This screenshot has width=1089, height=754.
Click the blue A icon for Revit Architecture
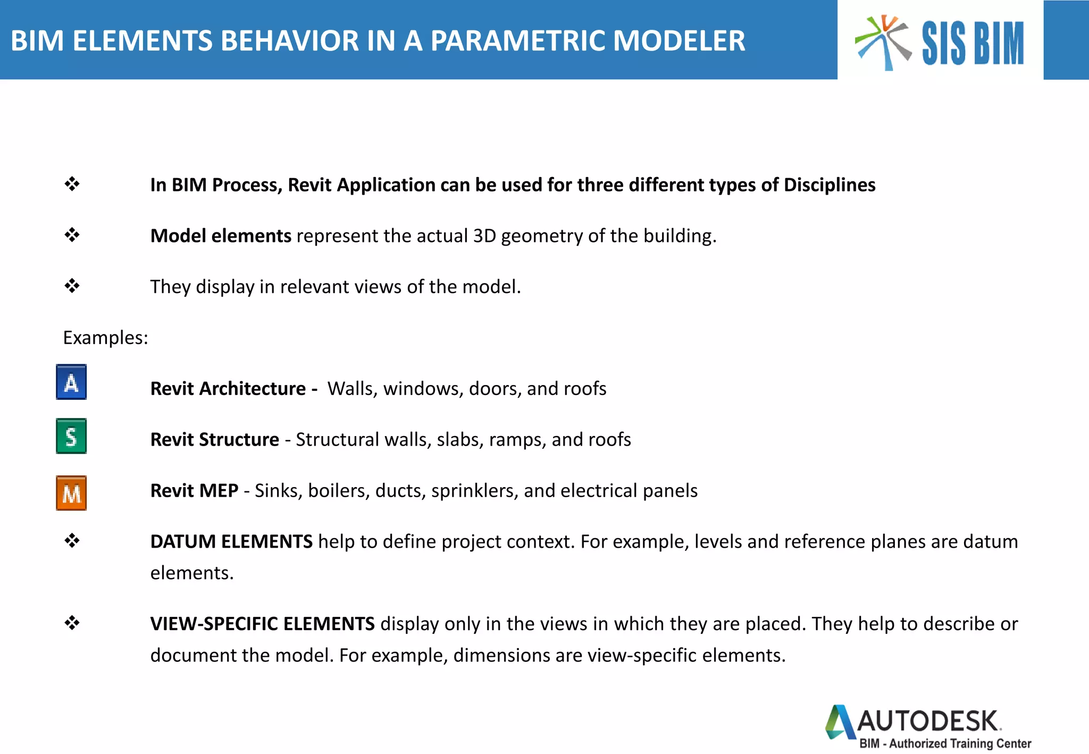71,382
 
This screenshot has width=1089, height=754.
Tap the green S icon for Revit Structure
71,437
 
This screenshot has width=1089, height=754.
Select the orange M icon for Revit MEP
71,493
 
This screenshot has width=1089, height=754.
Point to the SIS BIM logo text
973,44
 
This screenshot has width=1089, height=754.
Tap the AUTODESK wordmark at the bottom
928,722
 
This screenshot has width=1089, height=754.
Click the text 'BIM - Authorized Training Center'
945,743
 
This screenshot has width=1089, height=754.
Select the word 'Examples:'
105,338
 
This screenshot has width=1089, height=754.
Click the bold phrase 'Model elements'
221,236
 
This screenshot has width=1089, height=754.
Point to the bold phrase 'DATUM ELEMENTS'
231,541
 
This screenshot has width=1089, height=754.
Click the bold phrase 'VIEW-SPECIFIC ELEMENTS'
262,624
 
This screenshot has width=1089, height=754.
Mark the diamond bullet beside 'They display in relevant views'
72,286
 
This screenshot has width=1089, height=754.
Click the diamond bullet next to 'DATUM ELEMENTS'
72,541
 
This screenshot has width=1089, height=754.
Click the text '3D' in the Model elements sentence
484,236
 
